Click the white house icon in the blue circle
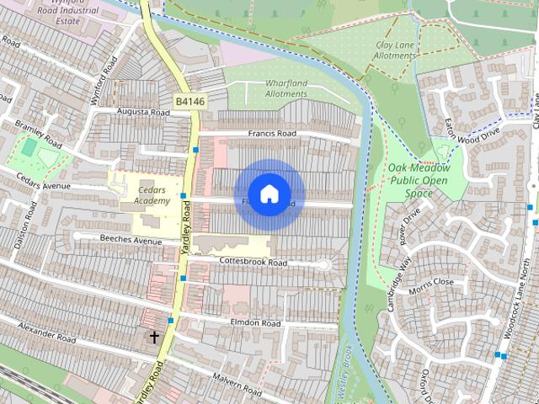click(x=269, y=194)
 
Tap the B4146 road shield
click(x=190, y=102)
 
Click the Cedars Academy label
click(x=151, y=195)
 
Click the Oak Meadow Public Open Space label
click(x=419, y=181)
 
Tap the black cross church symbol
click(x=155, y=337)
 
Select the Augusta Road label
click(x=143, y=112)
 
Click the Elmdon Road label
click(x=253, y=322)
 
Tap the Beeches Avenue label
click(x=130, y=242)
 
